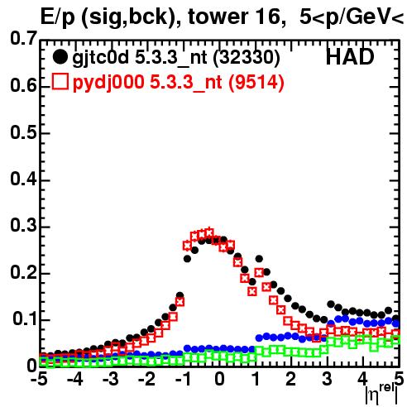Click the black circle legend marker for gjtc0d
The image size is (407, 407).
coord(60,57)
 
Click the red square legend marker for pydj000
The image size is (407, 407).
coord(60,81)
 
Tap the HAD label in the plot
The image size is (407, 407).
coord(350,57)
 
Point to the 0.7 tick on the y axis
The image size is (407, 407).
coord(23,38)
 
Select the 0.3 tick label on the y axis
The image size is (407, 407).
coord(23,225)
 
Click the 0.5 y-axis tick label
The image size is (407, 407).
coord(23,132)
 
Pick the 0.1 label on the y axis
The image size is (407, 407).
coord(25,318)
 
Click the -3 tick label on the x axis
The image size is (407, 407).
coord(111,379)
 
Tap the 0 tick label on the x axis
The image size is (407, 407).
coord(219,379)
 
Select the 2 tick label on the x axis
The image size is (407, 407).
coord(291,379)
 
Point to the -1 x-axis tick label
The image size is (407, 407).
coord(183,379)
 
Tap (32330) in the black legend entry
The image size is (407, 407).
coord(247,58)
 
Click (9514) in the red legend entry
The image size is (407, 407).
coord(256,82)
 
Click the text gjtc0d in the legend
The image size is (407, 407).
coord(101,58)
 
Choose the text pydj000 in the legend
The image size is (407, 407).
coord(108,83)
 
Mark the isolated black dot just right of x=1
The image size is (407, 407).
coord(259,259)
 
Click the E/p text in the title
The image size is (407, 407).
coord(57,17)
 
